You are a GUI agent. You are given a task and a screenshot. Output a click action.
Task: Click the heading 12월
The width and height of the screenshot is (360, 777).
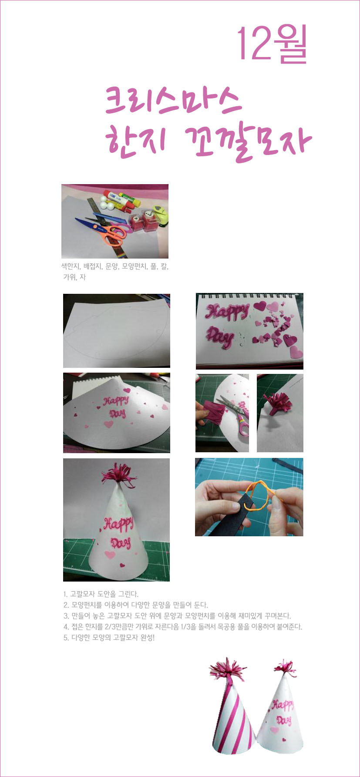pyautogui.click(x=273, y=44)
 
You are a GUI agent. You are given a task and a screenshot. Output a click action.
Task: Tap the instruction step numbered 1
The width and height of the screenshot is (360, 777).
pyautogui.click(x=101, y=594)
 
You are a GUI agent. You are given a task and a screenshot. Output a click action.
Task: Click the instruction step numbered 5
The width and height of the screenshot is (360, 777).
pyautogui.click(x=109, y=638)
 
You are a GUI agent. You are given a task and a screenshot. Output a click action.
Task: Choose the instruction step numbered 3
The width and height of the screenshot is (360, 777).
pyautogui.click(x=177, y=616)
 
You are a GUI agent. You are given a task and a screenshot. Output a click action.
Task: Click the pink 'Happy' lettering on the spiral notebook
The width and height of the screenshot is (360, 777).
pyautogui.click(x=227, y=312)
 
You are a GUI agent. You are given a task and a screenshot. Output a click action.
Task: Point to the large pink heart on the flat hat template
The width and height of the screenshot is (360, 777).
pyautogui.click(x=108, y=424)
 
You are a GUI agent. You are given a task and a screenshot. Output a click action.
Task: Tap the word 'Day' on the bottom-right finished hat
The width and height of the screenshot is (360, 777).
pyautogui.click(x=284, y=721)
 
